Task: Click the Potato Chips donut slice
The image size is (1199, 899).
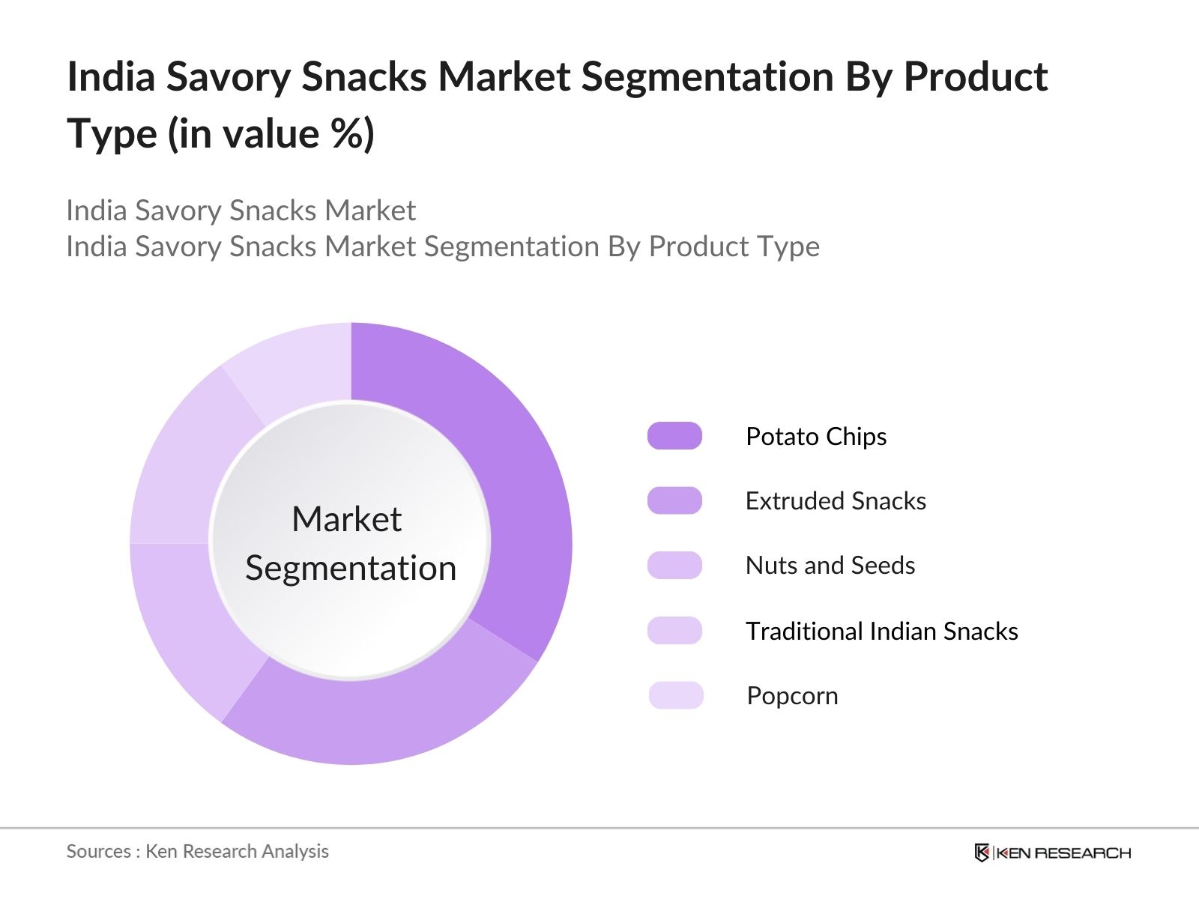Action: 517,487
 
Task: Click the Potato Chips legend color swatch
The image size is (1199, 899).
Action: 674,436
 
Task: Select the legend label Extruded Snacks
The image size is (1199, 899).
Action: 836,500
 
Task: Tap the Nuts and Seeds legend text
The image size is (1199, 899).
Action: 830,566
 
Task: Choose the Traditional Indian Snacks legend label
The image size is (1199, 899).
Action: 881,631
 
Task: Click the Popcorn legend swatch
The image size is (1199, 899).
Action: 676,695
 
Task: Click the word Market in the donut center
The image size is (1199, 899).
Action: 346,519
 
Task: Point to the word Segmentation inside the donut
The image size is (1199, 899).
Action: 351,568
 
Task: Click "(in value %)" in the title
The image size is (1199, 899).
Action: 271,135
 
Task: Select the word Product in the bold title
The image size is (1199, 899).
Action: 975,76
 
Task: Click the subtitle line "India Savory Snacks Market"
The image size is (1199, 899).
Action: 241,211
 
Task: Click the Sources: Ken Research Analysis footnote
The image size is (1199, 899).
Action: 197,851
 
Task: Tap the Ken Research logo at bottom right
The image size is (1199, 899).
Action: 1052,853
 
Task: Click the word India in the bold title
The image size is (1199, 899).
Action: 111,76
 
